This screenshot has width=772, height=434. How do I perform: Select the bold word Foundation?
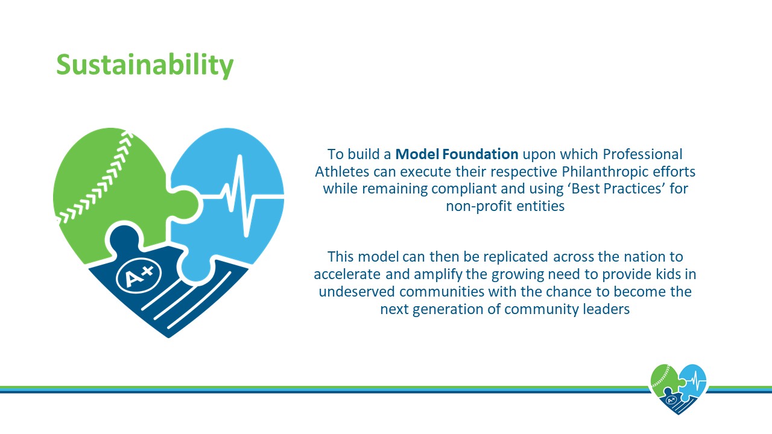[481, 154]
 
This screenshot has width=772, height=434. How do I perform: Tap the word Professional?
[642, 154]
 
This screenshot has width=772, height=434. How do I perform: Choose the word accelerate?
[347, 274]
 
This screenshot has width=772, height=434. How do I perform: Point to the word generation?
[448, 310]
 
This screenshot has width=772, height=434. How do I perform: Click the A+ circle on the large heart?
[139, 275]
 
